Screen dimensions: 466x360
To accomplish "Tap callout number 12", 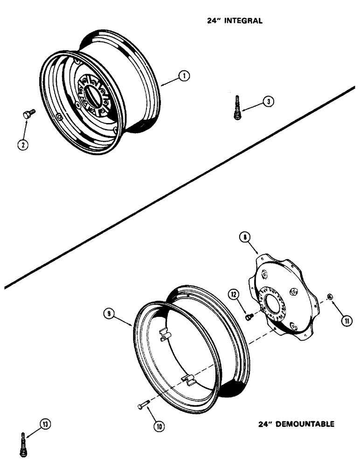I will [x=233, y=295].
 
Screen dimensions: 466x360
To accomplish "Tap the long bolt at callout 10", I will [x=144, y=406].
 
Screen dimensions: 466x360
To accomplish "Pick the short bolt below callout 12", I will [x=249, y=316].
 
